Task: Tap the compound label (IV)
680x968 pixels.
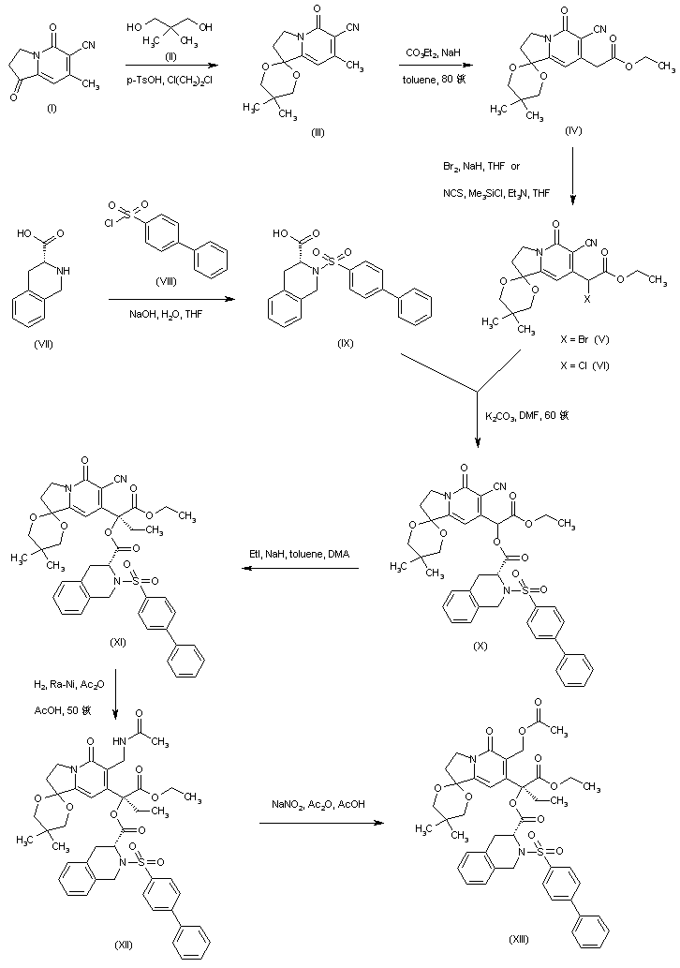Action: tap(573, 130)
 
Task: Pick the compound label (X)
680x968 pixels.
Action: tap(480, 647)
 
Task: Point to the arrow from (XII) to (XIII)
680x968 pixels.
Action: tap(320, 823)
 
